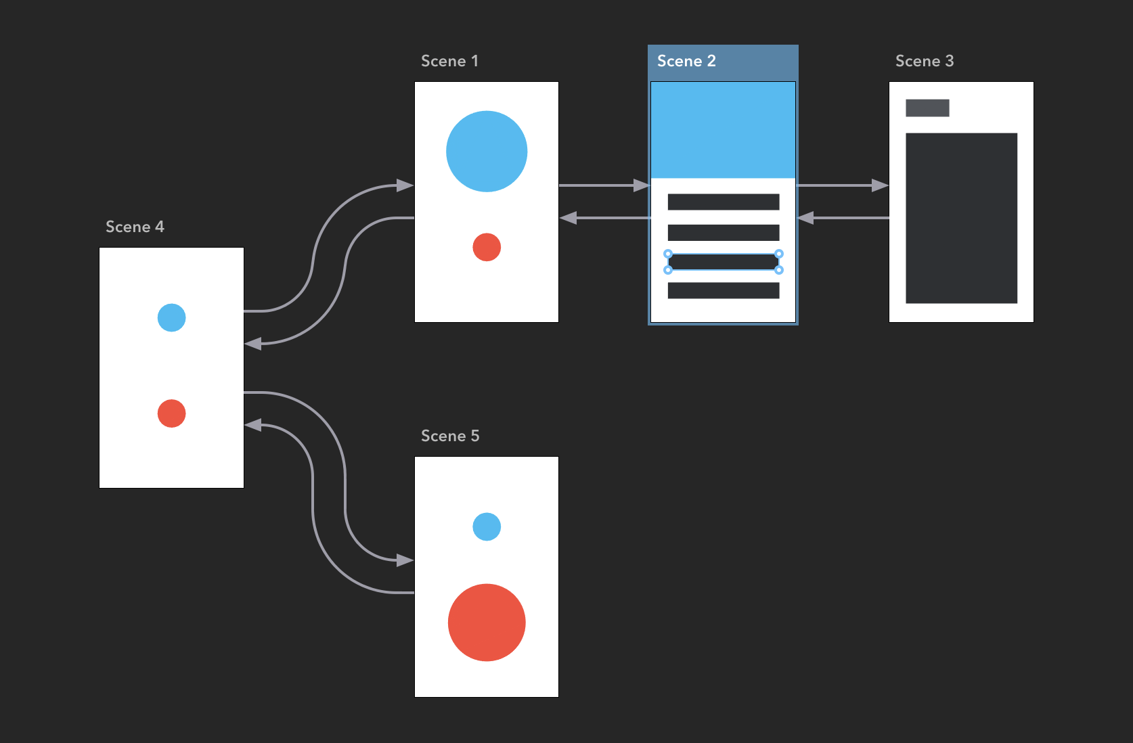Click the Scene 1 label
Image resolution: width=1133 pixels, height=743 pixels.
pyautogui.click(x=449, y=61)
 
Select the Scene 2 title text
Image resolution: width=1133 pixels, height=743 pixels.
pyautogui.click(x=686, y=61)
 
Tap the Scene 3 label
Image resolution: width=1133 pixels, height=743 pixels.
pyautogui.click(x=925, y=61)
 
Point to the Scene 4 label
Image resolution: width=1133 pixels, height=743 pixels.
pyautogui.click(x=135, y=227)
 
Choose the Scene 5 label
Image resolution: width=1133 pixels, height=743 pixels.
pyautogui.click(x=450, y=436)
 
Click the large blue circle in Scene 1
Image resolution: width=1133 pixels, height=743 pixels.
pyautogui.click(x=487, y=152)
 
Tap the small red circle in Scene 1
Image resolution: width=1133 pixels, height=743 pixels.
pyautogui.click(x=487, y=247)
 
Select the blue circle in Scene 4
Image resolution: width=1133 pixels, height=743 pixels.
pyautogui.click(x=171, y=317)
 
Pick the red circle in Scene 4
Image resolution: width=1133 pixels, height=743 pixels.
pyautogui.click(x=171, y=413)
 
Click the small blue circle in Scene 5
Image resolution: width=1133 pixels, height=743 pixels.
pyautogui.click(x=487, y=526)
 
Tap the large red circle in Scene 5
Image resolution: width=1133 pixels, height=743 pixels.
pyautogui.click(x=487, y=623)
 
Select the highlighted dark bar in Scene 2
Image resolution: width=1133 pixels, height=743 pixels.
pyautogui.click(x=724, y=262)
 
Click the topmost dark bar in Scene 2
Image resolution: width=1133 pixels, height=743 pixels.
pyautogui.click(x=724, y=202)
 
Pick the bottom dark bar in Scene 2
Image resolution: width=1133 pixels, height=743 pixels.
pyautogui.click(x=724, y=290)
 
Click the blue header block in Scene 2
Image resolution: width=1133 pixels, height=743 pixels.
pyautogui.click(x=723, y=130)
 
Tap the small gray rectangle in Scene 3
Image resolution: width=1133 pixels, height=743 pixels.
pyautogui.click(x=927, y=108)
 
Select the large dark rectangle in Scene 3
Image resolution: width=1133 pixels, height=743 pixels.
pyautogui.click(x=961, y=218)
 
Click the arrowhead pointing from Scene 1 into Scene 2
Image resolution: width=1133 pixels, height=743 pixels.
pyautogui.click(x=641, y=185)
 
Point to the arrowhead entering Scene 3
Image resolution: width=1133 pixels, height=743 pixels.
pyautogui.click(x=880, y=185)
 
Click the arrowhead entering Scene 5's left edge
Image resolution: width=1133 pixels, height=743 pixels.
pyautogui.click(x=405, y=560)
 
